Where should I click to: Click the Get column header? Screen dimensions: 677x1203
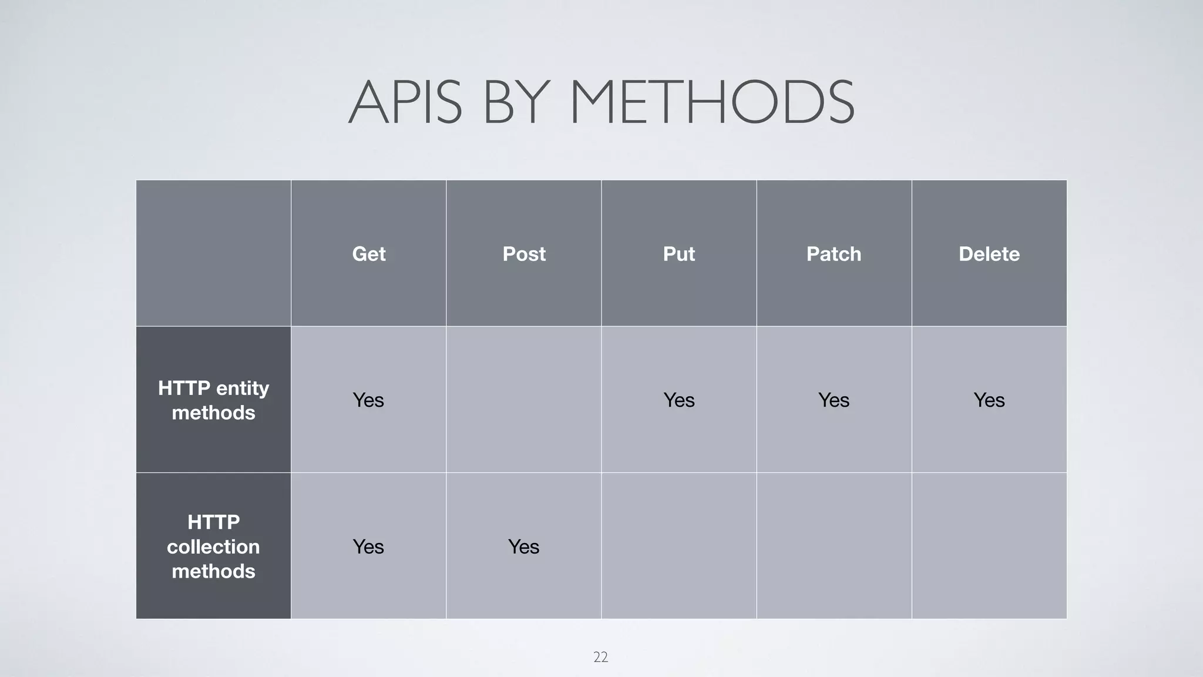tap(368, 254)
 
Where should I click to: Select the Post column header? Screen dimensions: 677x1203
tap(524, 254)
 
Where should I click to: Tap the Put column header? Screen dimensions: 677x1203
tap(678, 254)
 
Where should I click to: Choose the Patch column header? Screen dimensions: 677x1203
tap(834, 254)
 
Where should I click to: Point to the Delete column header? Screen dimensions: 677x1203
tap(989, 254)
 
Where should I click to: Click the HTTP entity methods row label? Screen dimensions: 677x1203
tap(213, 400)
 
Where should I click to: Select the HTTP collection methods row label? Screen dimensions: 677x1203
tap(213, 547)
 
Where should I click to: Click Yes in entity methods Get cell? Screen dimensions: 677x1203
tap(368, 400)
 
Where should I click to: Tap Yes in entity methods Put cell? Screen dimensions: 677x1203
tap(678, 400)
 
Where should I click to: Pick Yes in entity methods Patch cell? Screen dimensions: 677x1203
tap(834, 400)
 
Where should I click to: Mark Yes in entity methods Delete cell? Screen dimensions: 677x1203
tap(989, 400)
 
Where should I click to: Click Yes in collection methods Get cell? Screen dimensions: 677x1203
tap(368, 547)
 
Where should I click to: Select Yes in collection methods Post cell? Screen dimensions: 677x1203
tap(523, 547)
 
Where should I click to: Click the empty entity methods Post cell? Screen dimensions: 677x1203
tap(523, 400)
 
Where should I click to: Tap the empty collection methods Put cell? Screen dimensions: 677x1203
tap(678, 546)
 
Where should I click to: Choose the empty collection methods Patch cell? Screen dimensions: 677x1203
tap(834, 546)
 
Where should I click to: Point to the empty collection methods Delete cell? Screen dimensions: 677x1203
tap(989, 546)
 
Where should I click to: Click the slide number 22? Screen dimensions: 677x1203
tap(600, 657)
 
